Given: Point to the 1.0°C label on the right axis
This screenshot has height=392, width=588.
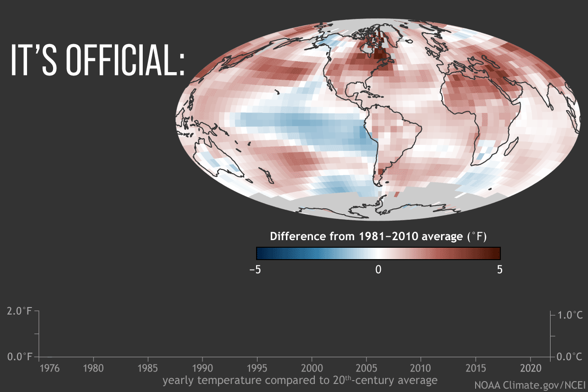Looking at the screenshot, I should tap(569, 315).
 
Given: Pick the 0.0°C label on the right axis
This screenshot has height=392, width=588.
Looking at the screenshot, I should tap(569, 356).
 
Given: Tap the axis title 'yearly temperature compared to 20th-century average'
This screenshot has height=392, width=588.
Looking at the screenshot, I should tap(300, 380).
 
